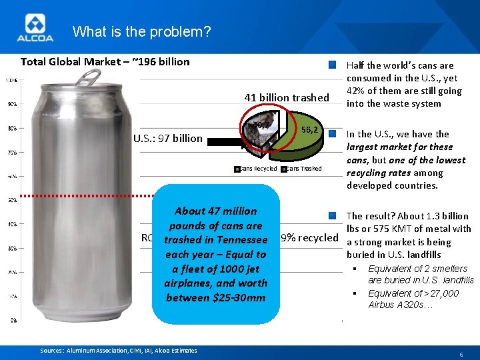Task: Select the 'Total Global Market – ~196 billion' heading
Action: coord(105,62)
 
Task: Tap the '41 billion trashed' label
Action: coord(287,98)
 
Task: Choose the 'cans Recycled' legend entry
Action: coord(257,169)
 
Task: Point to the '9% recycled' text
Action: coord(309,237)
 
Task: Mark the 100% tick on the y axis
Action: coord(12,81)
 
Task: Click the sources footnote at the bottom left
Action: coord(119,351)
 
